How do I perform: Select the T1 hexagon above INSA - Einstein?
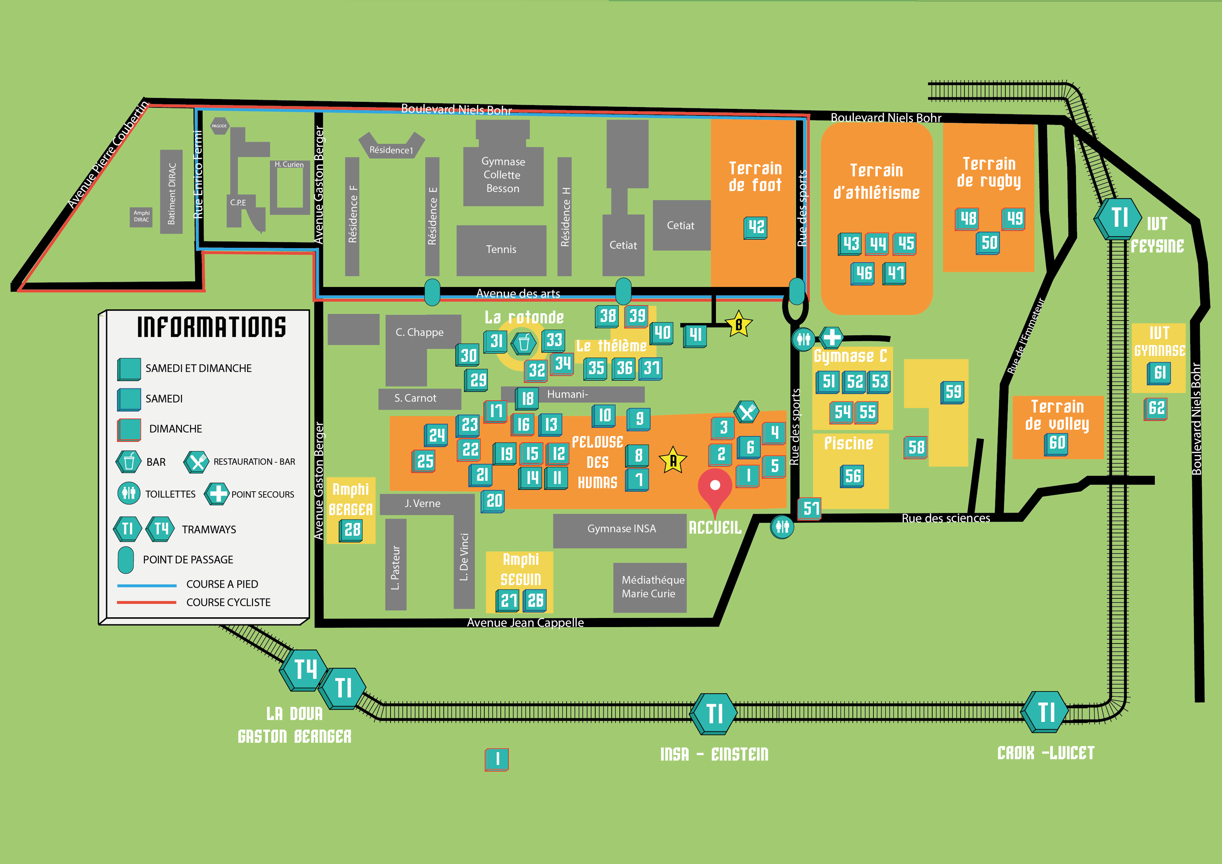tap(714, 713)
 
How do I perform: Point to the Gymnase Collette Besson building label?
tap(503, 175)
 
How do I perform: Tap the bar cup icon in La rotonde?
tap(524, 344)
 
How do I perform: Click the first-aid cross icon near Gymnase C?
tap(832, 337)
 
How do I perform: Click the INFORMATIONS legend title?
tap(211, 327)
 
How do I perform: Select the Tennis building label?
tap(501, 249)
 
